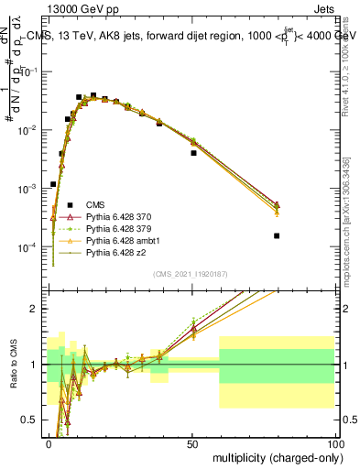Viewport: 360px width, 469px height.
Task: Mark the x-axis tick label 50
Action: tap(192, 443)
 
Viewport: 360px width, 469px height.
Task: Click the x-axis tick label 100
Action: tap(334, 443)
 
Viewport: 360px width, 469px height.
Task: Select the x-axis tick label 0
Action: tap(49, 443)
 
